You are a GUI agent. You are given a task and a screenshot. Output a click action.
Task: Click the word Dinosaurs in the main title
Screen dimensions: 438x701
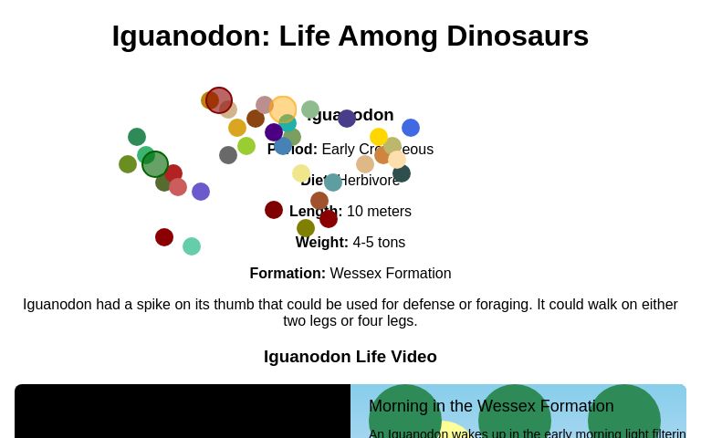(x=512, y=36)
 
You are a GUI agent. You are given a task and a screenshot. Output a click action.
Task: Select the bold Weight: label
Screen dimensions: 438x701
(x=322, y=243)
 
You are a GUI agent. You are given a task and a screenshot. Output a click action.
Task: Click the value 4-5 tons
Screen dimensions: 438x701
(x=379, y=243)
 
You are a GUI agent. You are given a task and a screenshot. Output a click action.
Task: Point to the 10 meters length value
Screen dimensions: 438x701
(x=379, y=212)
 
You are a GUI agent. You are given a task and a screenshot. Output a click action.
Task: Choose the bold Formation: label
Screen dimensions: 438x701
(x=288, y=274)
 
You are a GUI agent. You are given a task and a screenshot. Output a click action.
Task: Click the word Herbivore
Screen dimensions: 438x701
(x=370, y=181)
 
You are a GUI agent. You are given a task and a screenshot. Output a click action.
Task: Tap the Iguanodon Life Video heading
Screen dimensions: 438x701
(x=350, y=357)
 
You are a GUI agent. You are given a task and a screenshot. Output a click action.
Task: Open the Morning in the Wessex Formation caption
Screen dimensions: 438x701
(x=491, y=406)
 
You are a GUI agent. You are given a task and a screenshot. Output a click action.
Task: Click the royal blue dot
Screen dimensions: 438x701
(x=411, y=128)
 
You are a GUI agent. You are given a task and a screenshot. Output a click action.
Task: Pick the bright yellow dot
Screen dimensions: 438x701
(x=379, y=137)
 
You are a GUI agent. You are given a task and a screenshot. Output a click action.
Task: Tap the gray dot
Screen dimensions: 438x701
(x=228, y=155)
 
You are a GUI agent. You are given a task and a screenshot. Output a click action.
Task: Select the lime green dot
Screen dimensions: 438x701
(x=246, y=146)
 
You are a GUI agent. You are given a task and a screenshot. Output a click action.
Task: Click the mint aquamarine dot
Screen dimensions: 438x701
(x=192, y=246)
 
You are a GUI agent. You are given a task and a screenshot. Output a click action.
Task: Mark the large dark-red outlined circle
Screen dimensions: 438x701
(x=219, y=100)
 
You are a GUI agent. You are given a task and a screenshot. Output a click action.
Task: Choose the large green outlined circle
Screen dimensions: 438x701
(x=155, y=164)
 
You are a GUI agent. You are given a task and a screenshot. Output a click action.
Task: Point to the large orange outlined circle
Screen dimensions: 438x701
(x=283, y=109)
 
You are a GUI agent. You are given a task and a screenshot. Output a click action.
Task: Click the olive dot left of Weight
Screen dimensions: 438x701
(x=306, y=228)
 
